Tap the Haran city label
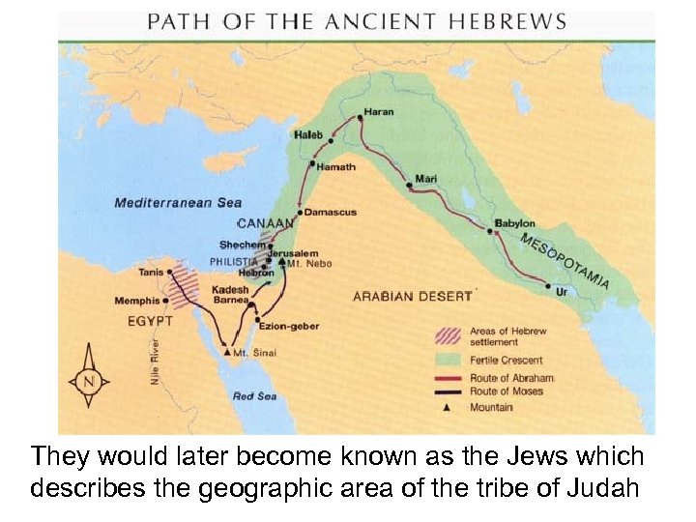[x=379, y=112]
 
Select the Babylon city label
[x=514, y=223]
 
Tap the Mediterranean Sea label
[x=178, y=202]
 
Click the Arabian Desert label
[x=413, y=296]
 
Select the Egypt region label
[x=151, y=320]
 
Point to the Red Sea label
[x=255, y=396]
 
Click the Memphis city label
[x=136, y=301]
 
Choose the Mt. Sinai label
[x=256, y=353]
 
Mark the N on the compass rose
[x=90, y=381]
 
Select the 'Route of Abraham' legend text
[x=511, y=377]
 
